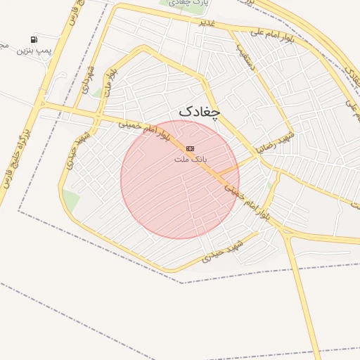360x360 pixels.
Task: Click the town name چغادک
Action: [199, 111]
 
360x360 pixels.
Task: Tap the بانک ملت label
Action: [189, 160]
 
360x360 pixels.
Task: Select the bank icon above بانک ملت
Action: [190, 148]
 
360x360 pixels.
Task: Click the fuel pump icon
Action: [33, 39]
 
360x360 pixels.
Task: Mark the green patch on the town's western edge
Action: [71, 200]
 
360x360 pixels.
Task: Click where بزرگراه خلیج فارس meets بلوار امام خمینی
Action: [41, 105]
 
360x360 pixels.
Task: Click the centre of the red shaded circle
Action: [180, 179]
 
